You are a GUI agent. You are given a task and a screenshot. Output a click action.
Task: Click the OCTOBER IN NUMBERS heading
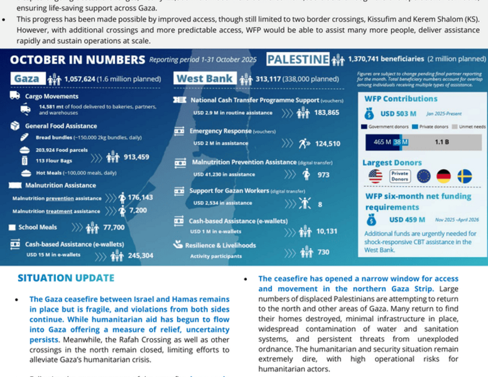(x=78, y=60)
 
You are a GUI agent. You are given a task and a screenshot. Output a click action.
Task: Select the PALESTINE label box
(x=298, y=60)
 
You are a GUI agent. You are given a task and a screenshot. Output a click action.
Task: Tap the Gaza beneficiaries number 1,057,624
(x=87, y=79)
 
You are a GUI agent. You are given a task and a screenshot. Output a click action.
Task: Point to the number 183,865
(x=327, y=112)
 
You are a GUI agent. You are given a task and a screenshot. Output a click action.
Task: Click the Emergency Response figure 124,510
(x=327, y=144)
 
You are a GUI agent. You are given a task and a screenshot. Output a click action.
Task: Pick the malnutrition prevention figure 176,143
(x=140, y=197)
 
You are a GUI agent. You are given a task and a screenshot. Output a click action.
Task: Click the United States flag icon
(x=376, y=177)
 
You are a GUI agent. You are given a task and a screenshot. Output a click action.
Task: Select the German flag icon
(x=444, y=177)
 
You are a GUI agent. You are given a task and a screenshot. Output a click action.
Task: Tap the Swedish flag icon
(x=464, y=177)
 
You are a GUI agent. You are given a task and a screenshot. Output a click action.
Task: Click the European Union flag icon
(x=423, y=177)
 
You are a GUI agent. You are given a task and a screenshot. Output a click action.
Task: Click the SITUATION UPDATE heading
(x=66, y=278)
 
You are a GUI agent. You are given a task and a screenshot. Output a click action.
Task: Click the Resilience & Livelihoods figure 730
(x=323, y=253)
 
